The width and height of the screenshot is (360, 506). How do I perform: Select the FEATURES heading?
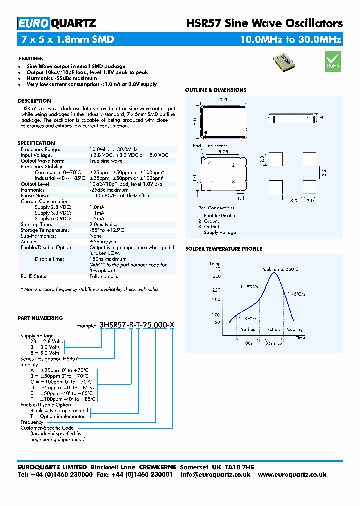click(x=31, y=58)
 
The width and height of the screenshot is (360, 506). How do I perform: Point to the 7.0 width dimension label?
click(x=223, y=100)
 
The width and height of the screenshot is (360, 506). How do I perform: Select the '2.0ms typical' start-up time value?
click(x=105, y=224)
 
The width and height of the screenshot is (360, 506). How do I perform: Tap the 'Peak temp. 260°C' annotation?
click(x=280, y=269)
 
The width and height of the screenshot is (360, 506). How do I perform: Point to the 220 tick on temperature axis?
click(x=216, y=290)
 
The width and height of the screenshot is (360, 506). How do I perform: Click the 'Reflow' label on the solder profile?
click(x=274, y=329)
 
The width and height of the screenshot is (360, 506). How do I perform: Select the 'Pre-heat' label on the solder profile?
click(x=248, y=329)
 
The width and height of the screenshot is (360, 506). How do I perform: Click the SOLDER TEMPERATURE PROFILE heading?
click(x=223, y=249)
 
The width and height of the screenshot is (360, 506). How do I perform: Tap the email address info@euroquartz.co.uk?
click(x=215, y=475)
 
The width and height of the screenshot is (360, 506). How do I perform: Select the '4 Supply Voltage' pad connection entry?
click(x=217, y=232)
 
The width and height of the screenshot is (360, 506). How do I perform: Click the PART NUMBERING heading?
click(x=40, y=318)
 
